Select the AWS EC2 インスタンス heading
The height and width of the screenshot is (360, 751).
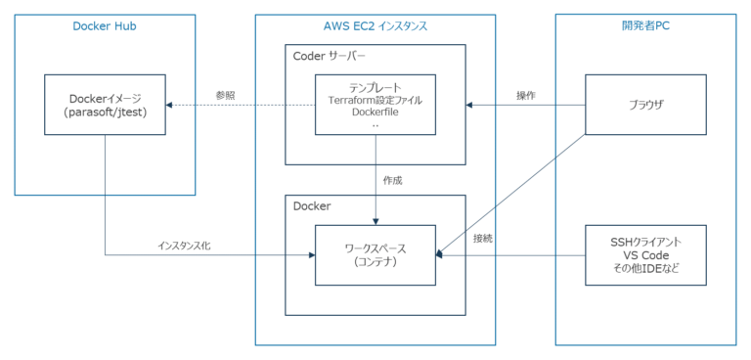(x=375, y=26)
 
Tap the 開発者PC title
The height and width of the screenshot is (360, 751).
(x=645, y=26)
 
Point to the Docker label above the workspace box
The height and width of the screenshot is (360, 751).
(x=312, y=206)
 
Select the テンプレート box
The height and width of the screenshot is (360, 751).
(x=375, y=104)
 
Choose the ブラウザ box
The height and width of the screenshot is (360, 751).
(x=644, y=104)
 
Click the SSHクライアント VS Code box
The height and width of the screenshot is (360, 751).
(x=644, y=253)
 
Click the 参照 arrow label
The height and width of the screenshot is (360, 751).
(x=227, y=95)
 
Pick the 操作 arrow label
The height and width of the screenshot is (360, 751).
(x=526, y=95)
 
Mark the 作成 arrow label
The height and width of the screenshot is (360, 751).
(x=392, y=180)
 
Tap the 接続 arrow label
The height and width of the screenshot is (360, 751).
(x=482, y=239)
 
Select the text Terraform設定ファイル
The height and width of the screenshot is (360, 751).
(x=375, y=100)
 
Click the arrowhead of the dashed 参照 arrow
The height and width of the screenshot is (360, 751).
(x=168, y=104)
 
